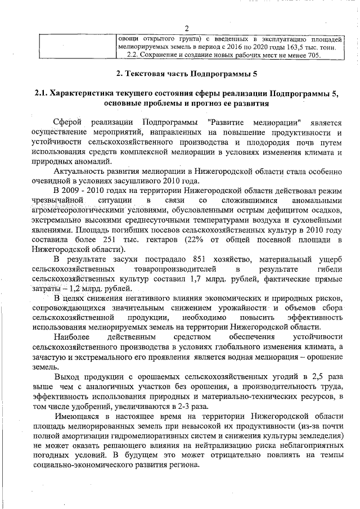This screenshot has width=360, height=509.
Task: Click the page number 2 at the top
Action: [x=186, y=29]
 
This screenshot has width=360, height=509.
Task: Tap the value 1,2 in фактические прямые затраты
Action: [x=71, y=287]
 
